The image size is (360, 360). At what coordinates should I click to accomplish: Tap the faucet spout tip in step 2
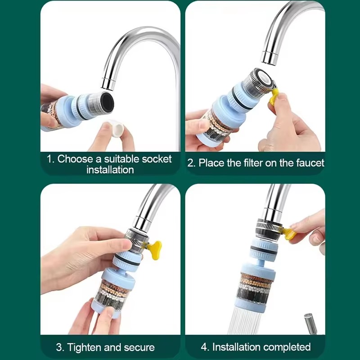tap(269, 58)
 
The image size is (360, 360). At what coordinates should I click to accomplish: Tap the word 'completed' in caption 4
tap(287, 347)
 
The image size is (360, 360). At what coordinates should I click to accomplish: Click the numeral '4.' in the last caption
tap(205, 347)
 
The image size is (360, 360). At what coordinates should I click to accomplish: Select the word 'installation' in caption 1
tap(110, 170)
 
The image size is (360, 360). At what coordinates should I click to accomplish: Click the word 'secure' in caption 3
tap(138, 347)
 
